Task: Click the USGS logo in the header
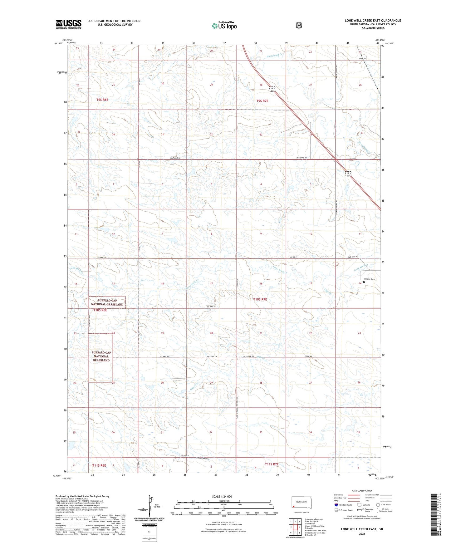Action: pos(68,24)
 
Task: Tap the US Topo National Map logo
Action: pos(224,25)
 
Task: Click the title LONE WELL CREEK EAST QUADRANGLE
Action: pos(373,21)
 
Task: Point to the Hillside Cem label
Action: pos(368,279)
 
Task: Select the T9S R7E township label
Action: pos(262,101)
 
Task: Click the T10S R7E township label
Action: pos(260,299)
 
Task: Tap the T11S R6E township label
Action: pos(99,465)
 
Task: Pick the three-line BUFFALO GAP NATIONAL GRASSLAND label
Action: pos(101,356)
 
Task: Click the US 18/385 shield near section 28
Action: pos(272,90)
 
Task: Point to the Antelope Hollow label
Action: pos(202,459)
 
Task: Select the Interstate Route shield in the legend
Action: pos(336,505)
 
